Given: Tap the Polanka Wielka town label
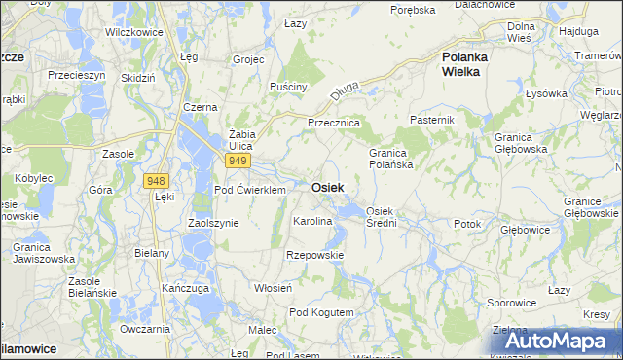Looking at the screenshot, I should [464, 63].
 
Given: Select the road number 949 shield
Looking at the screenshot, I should [238, 161].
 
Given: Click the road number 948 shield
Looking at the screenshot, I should [155, 181].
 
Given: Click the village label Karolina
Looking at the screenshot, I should [312, 222].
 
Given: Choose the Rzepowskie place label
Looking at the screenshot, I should [314, 255].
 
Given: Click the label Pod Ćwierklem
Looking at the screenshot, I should [249, 190].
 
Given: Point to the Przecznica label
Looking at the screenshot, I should [334, 124].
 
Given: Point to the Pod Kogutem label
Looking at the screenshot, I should [321, 311].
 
